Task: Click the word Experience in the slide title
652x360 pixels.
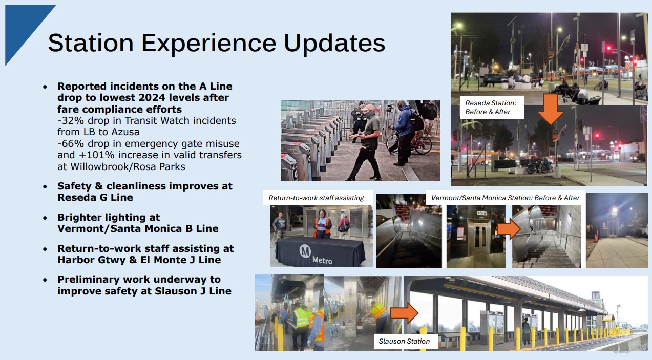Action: (208, 44)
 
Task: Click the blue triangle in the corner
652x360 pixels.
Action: (23, 26)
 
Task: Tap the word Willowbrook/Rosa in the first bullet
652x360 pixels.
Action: (103, 167)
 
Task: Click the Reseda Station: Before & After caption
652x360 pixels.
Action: (491, 108)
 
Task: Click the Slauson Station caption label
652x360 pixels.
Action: (404, 341)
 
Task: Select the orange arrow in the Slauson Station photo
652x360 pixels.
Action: (404, 313)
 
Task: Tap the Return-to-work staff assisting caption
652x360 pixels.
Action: (316, 198)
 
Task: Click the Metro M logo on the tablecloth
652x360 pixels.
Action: (305, 251)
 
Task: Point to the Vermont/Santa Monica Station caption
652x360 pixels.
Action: (506, 198)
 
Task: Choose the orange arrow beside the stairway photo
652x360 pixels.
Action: (509, 229)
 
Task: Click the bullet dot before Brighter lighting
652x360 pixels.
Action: (45, 218)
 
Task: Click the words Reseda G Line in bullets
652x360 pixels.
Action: (95, 197)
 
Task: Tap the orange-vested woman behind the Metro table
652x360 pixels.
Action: (322, 224)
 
